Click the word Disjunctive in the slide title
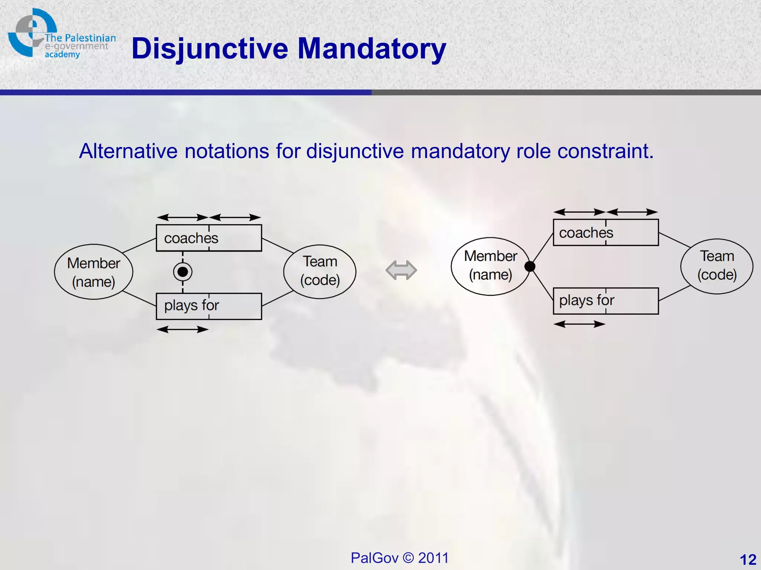coord(210,49)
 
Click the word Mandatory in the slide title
coord(372,49)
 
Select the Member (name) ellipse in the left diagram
coord(94,272)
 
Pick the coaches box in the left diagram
coord(209,238)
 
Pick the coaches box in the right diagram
coord(606,233)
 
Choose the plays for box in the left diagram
coord(209,306)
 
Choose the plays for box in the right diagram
coord(606,301)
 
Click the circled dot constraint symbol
coord(182,272)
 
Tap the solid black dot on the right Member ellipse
coord(530,266)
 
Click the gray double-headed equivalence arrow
coord(401,270)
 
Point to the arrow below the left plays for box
coord(182,329)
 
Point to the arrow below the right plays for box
coord(579,324)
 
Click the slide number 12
coord(748,559)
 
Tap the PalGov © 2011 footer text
coord(399,558)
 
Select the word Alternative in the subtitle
coord(128,151)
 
